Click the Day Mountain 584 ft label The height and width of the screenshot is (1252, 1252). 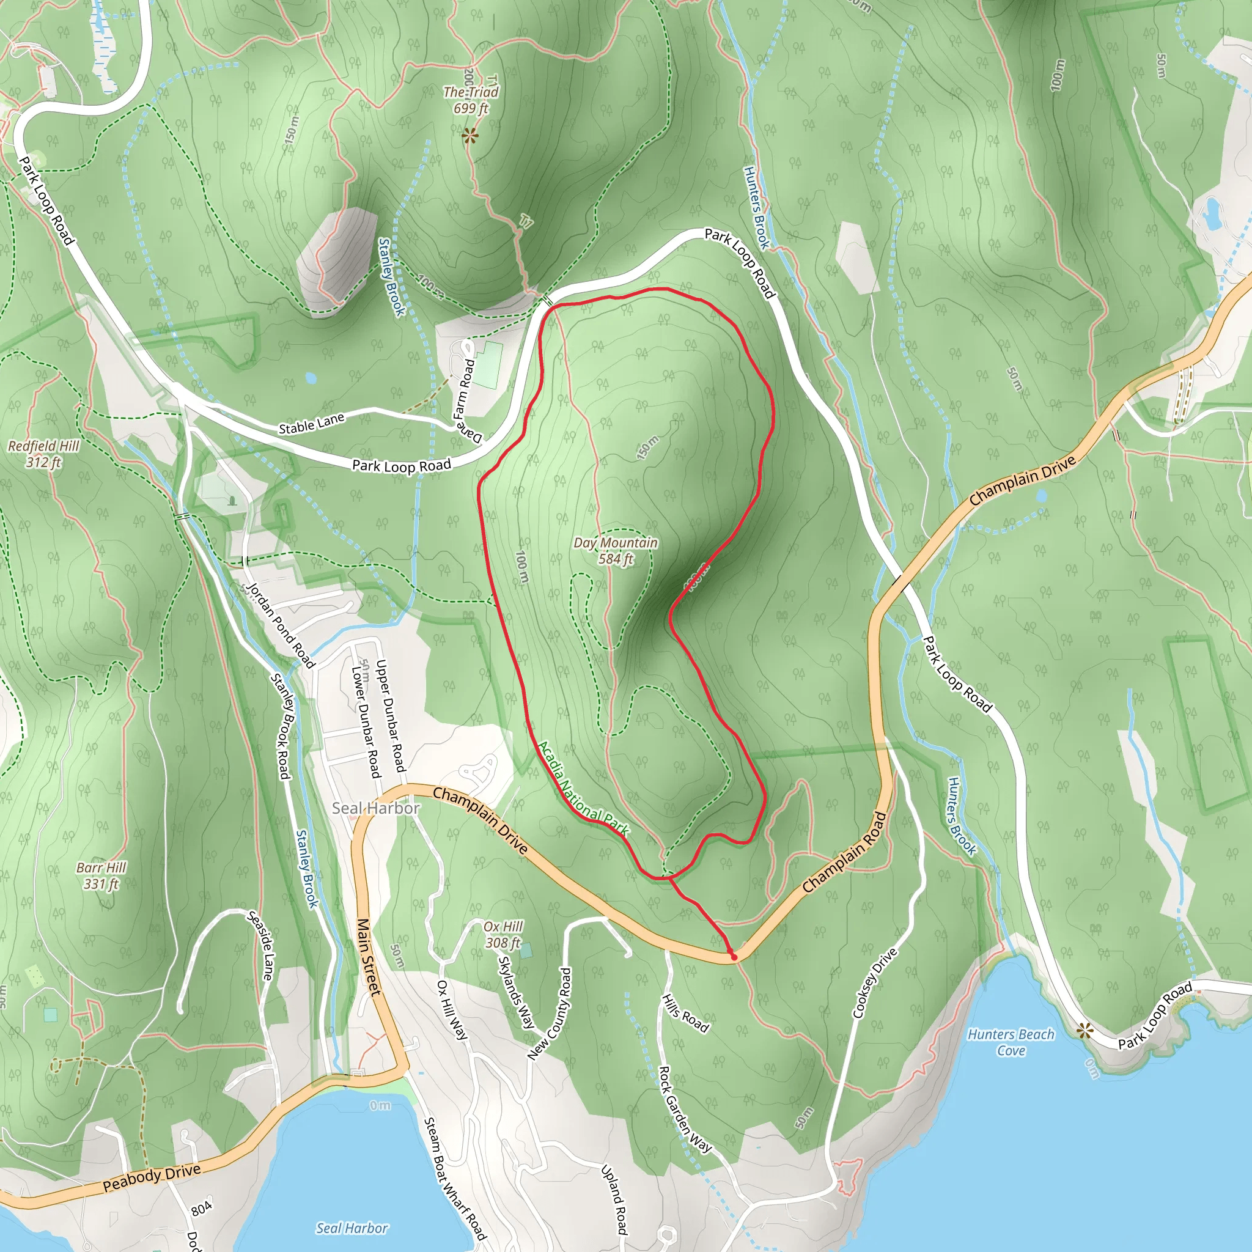click(615, 550)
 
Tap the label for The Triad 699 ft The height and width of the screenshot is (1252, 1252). click(471, 100)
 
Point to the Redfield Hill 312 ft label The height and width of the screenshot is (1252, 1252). click(43, 454)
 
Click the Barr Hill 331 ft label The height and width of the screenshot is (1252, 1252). click(101, 875)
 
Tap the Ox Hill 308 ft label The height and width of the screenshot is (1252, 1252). click(503, 935)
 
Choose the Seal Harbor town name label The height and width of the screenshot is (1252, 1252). click(376, 808)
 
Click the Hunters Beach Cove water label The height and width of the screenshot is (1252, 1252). click(1011, 1042)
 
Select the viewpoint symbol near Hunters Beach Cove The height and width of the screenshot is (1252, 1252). click(1084, 1030)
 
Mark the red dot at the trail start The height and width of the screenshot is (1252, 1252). click(734, 957)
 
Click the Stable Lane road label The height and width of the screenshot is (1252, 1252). click(311, 424)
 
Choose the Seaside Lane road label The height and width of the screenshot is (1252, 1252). click(261, 945)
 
